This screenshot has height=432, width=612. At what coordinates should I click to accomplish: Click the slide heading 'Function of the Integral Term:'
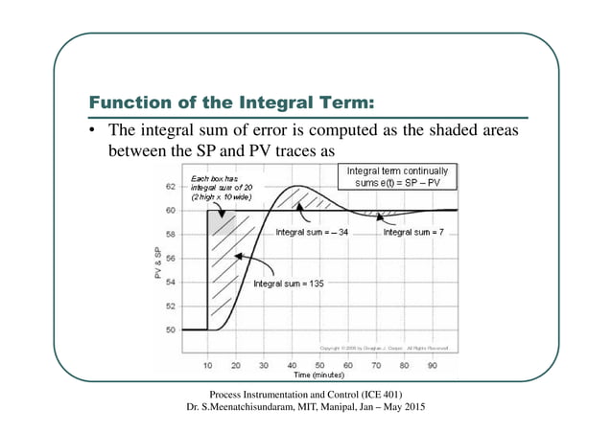[230, 102]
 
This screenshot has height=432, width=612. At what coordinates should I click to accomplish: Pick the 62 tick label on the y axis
[171, 187]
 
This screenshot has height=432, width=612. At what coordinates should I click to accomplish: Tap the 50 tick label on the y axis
[171, 330]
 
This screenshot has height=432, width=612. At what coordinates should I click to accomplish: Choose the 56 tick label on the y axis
[171, 259]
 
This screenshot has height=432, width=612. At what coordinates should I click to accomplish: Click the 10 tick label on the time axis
[208, 365]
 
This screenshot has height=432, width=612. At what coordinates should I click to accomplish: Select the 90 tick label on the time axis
[433, 365]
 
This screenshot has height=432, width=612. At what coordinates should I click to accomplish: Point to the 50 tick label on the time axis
[320, 365]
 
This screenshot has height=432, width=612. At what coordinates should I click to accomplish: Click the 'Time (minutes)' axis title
[320, 377]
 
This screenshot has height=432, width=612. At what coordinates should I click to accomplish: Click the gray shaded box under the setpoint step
[222, 221]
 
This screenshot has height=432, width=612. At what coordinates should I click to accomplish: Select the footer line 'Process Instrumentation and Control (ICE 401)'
[305, 395]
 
